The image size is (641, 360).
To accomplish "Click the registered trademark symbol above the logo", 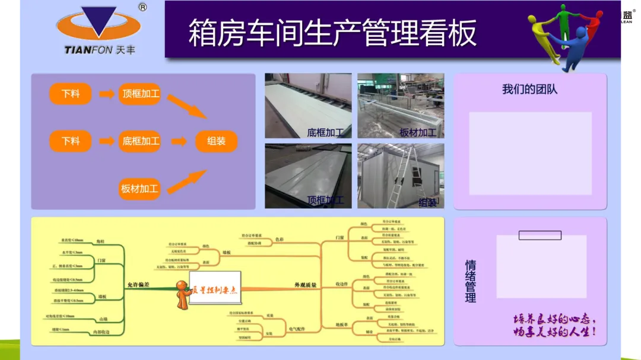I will [x=142, y=8].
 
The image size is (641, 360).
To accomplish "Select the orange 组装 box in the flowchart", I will [x=216, y=141].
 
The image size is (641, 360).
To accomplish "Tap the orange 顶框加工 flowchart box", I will [x=140, y=94].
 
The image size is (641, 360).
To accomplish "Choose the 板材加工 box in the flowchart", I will [x=140, y=189].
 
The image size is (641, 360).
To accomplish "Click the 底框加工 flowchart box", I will [x=140, y=141].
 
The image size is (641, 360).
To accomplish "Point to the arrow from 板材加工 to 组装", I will [x=186, y=181].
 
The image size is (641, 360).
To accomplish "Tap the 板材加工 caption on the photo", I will [x=417, y=132].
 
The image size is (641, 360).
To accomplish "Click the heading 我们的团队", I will [x=529, y=90].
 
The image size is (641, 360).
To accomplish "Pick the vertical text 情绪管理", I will [x=471, y=281].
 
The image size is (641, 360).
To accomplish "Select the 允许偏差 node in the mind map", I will [x=138, y=285].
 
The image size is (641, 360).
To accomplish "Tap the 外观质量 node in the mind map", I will [x=305, y=285].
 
